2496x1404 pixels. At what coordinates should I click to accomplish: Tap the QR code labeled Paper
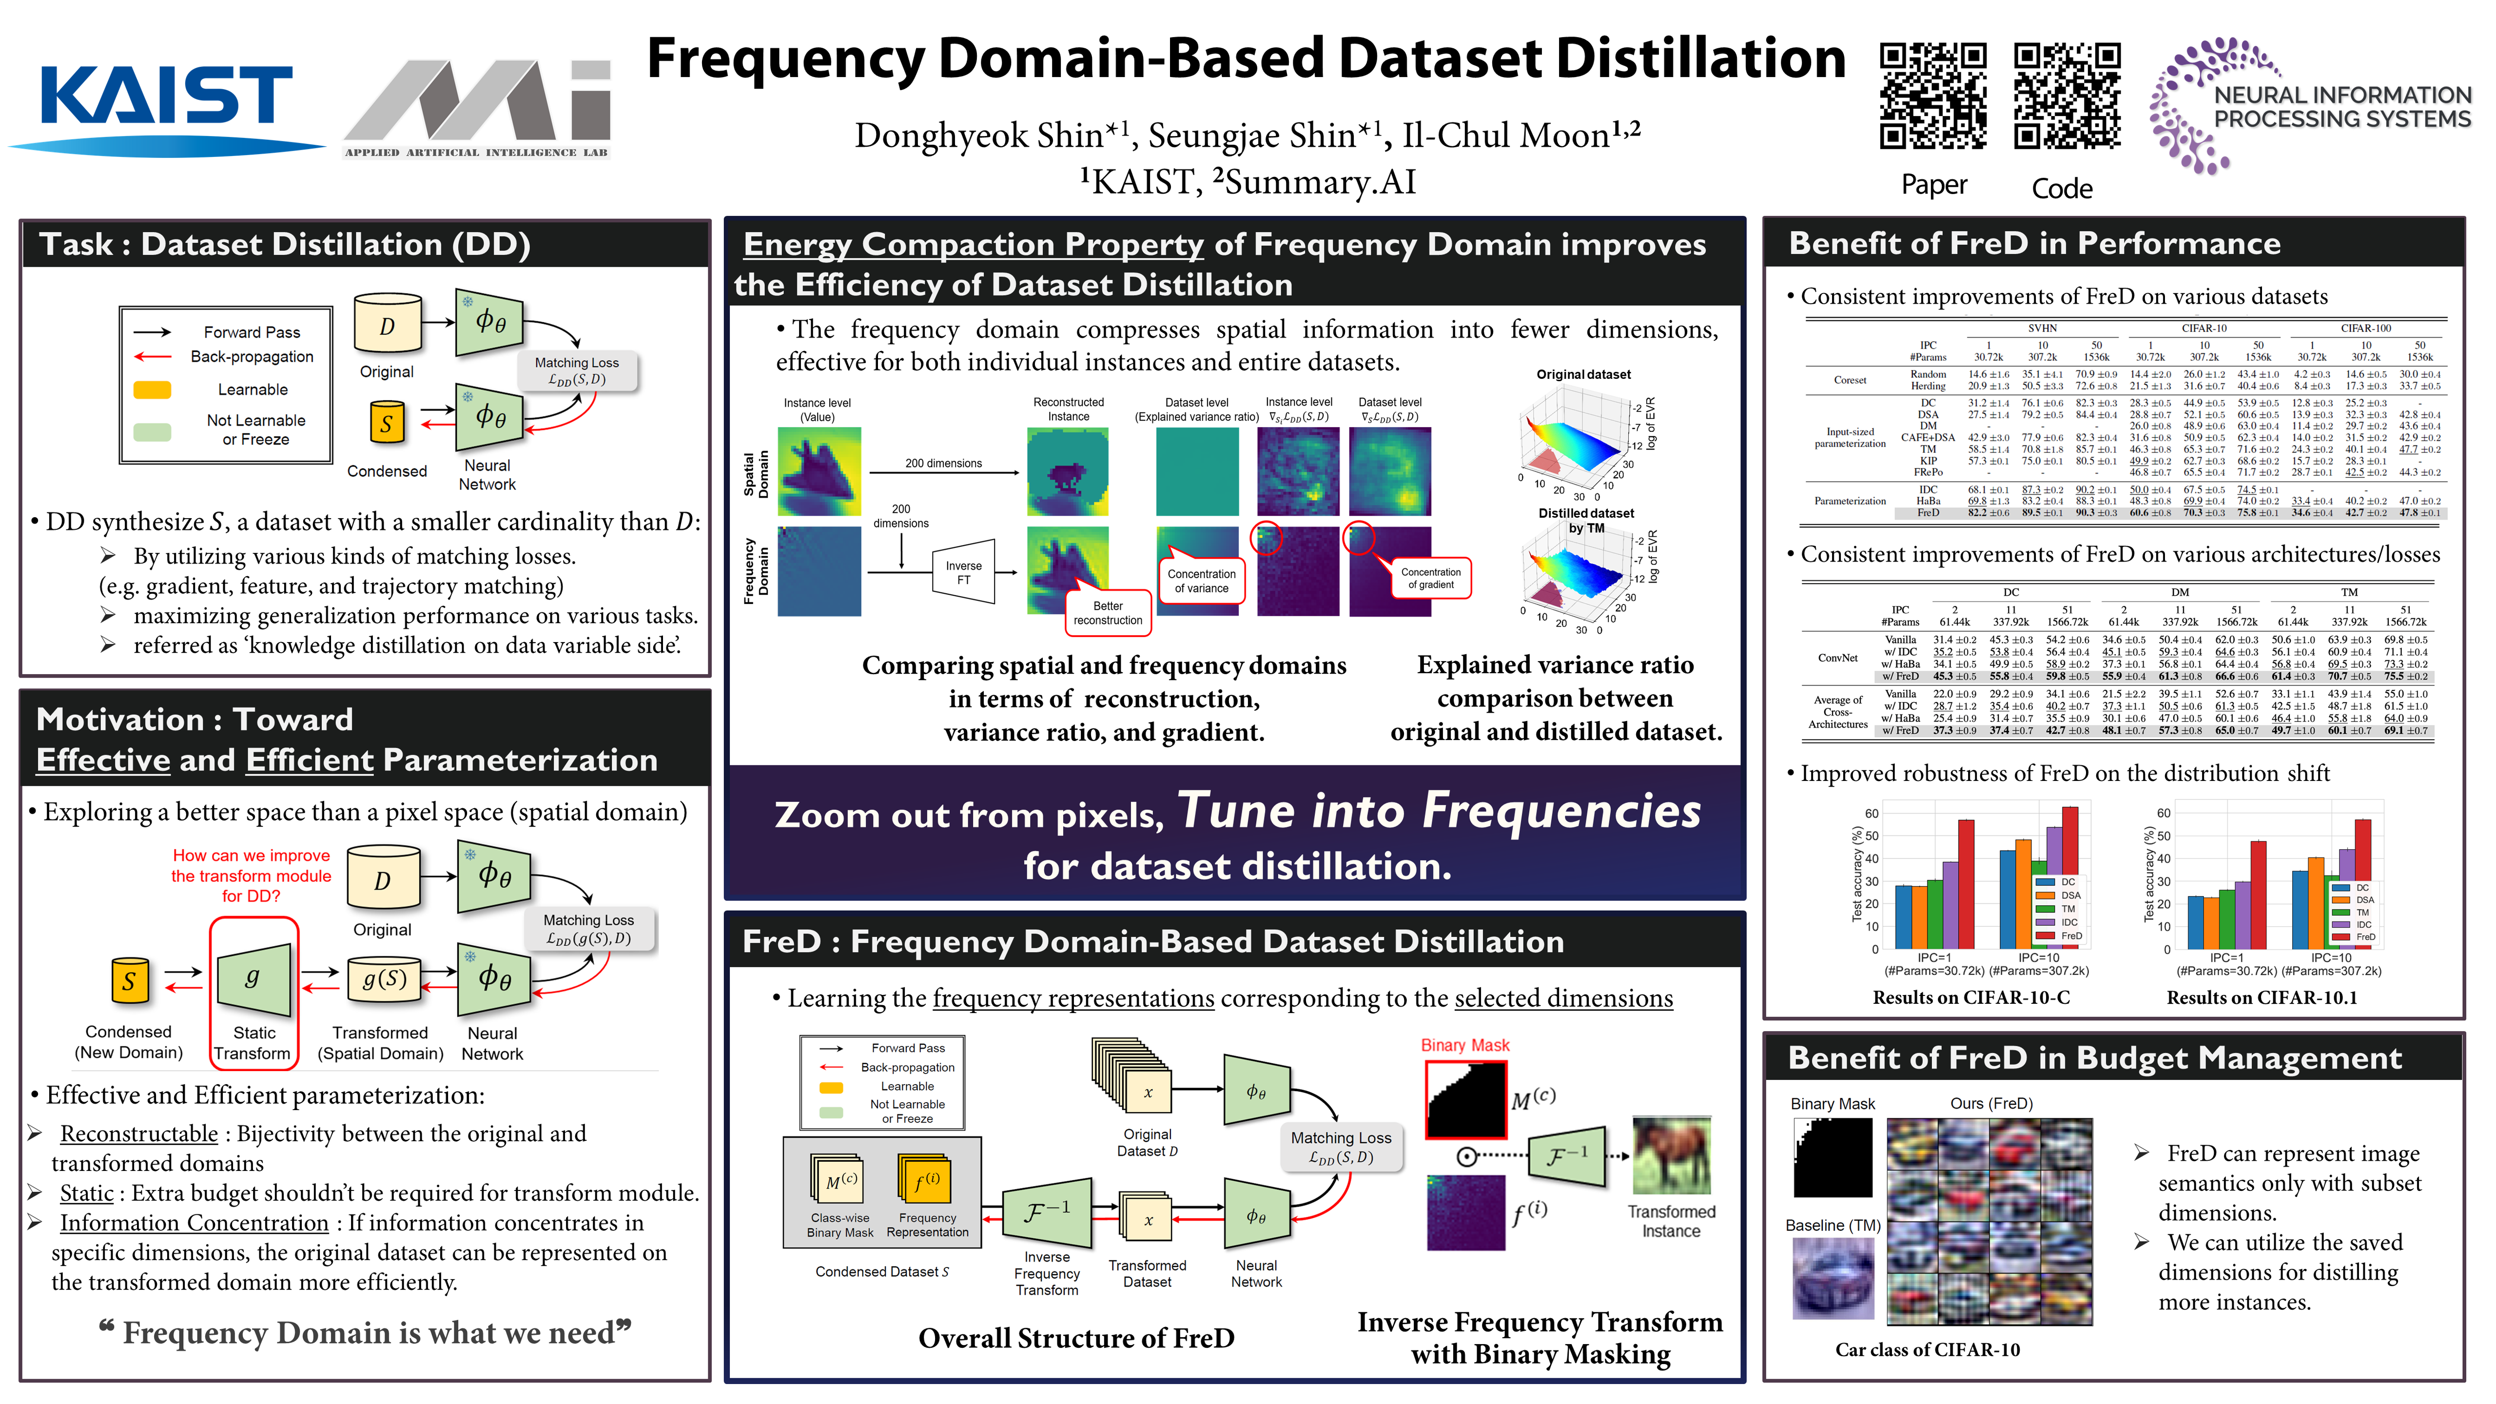(x=1933, y=95)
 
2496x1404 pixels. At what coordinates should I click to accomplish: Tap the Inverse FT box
(x=963, y=572)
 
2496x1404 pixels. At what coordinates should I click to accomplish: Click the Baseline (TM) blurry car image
(x=1833, y=1277)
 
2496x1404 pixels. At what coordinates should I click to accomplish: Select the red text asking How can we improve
(x=251, y=875)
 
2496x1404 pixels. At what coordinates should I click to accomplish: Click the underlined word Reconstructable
(x=138, y=1133)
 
